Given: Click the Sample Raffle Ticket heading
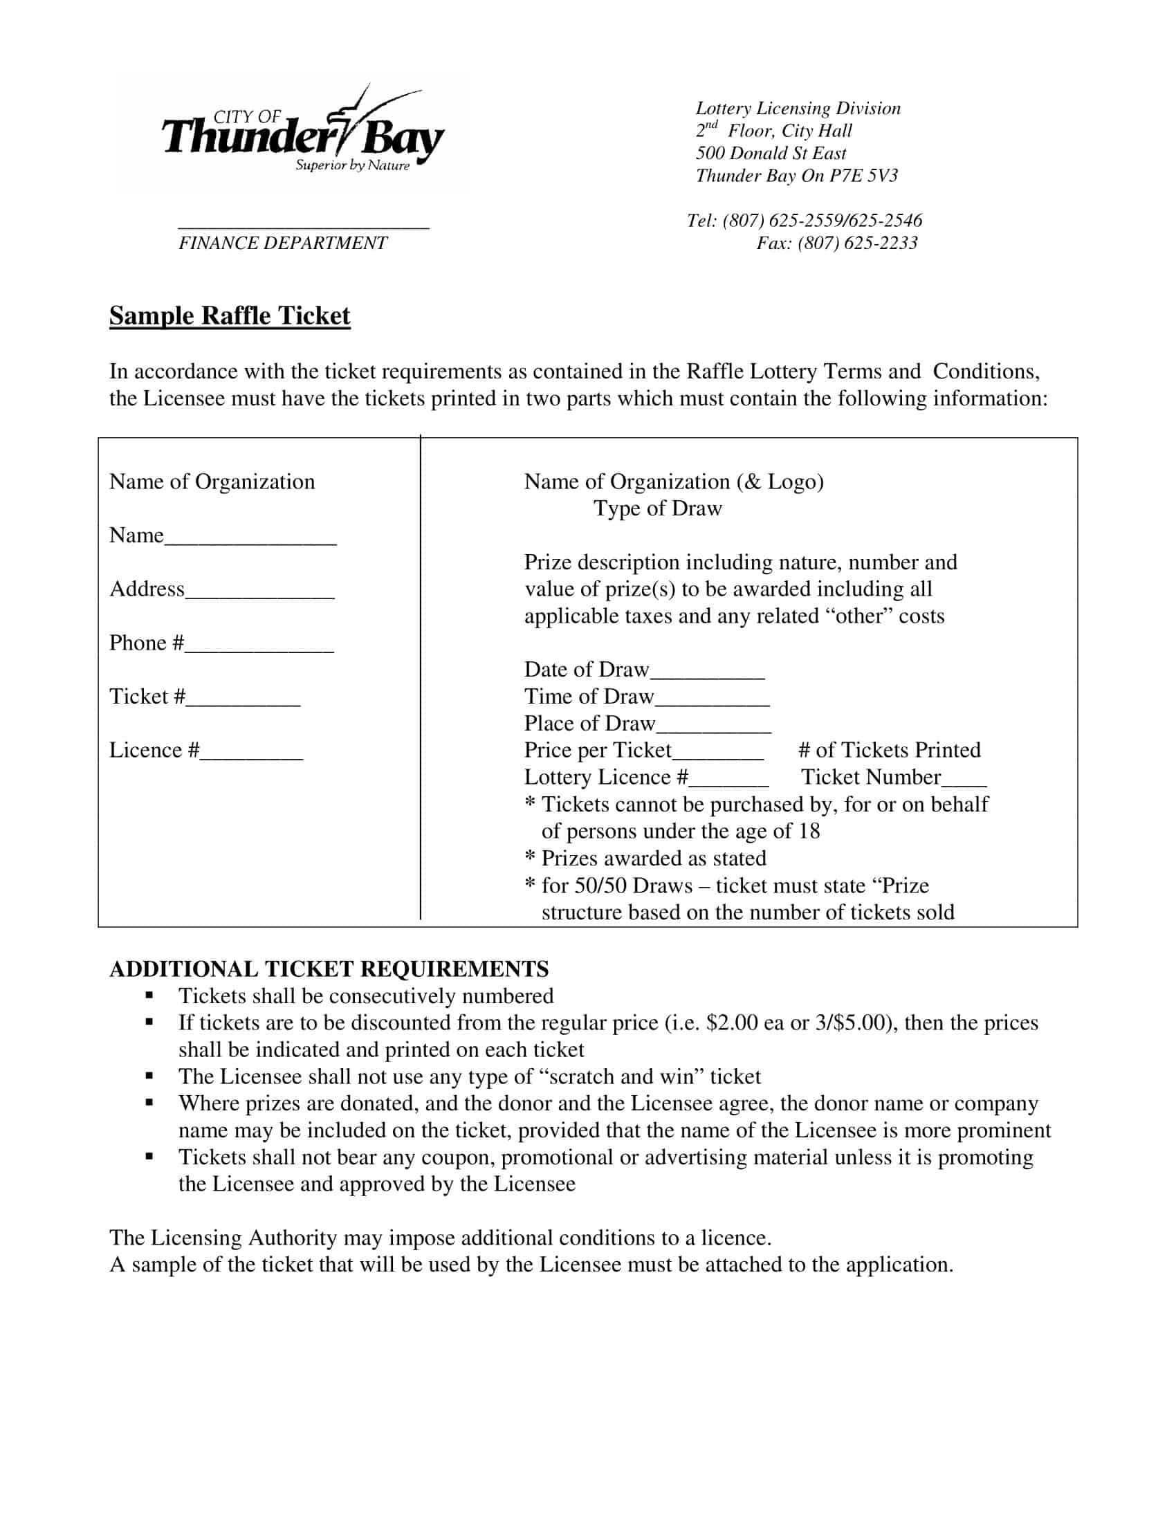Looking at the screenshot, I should click(x=229, y=315).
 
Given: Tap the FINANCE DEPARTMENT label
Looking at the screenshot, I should click(x=282, y=243).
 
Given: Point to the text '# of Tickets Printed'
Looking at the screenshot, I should click(x=889, y=750).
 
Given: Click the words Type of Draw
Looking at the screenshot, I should click(x=658, y=508).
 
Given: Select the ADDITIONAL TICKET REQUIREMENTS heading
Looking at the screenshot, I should click(x=329, y=969).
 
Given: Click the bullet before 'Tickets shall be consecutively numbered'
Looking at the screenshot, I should click(x=149, y=996).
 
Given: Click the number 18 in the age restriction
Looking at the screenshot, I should click(x=809, y=831).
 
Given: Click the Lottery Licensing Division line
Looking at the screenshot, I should click(x=798, y=108).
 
